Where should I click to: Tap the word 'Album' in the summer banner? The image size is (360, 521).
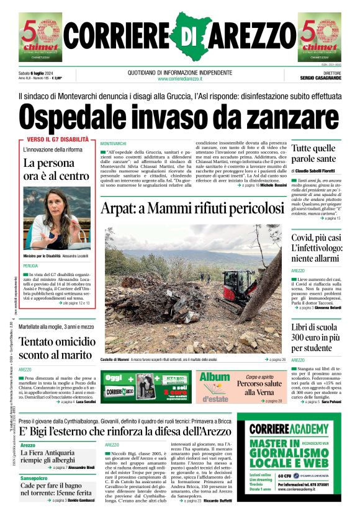215,377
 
